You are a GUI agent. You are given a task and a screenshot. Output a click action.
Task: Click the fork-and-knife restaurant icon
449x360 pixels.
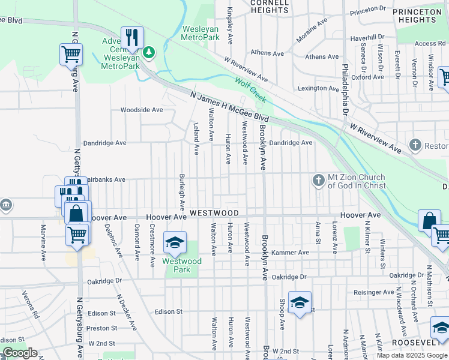coord(132,37)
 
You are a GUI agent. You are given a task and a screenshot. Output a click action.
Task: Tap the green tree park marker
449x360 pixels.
coord(148,53)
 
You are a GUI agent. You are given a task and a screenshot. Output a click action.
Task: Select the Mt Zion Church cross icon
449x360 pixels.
coord(318,179)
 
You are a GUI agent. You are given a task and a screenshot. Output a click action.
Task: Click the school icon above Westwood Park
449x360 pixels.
coord(175,242)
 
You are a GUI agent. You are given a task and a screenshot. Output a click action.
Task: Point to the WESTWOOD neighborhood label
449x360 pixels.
coord(214,213)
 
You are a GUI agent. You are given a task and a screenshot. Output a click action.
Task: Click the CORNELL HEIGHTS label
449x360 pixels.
coord(269,6)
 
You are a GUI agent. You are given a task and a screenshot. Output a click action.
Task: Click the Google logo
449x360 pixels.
coord(20,353)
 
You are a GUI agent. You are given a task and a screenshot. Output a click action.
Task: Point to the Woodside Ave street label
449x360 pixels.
coord(141,110)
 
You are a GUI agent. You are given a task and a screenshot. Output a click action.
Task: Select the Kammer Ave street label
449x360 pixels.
coord(290,253)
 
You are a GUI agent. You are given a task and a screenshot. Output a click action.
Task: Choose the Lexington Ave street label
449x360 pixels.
coord(319,88)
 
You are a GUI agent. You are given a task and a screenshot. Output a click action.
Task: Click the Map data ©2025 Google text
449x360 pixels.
coord(412,355)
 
